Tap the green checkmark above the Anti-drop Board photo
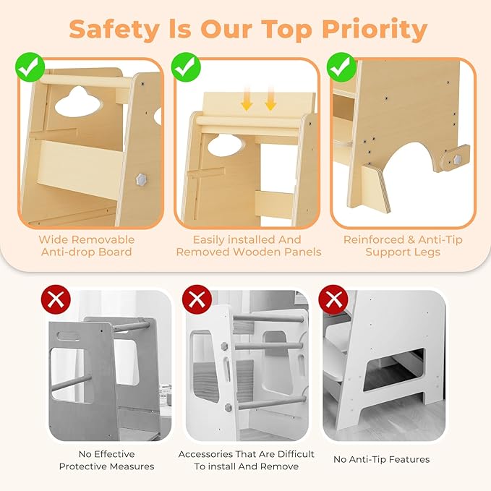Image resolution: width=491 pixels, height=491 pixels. point(30,68)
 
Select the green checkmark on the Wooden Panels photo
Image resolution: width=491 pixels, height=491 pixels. point(186,68)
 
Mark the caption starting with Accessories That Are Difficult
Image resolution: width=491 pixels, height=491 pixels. point(247,460)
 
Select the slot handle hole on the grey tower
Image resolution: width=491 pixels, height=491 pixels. point(68,337)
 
